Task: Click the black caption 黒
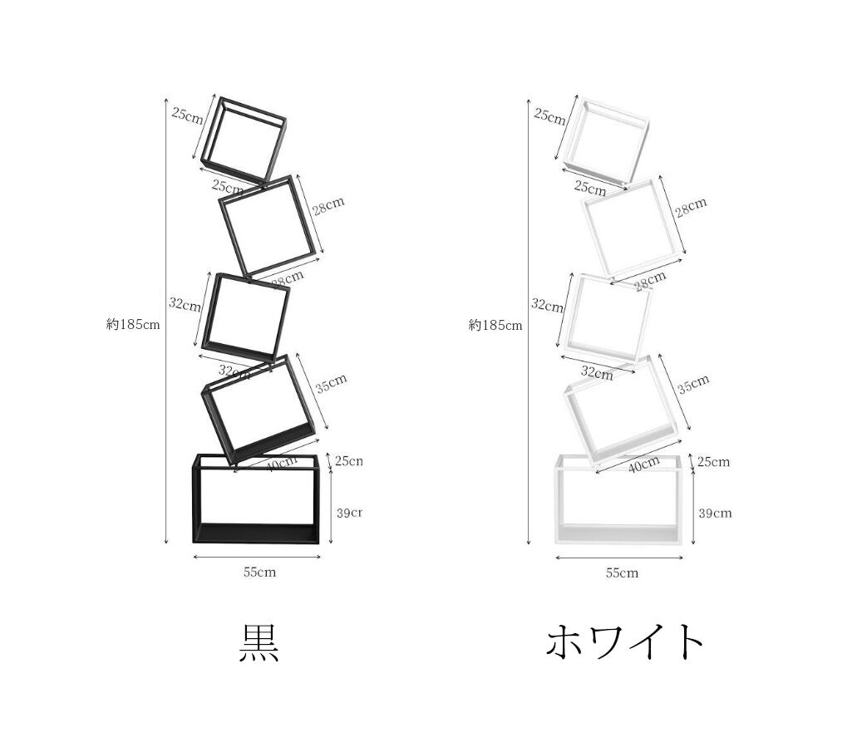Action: pyautogui.click(x=259, y=642)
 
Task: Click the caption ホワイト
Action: pyautogui.click(x=625, y=642)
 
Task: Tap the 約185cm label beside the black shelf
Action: pyautogui.click(x=133, y=325)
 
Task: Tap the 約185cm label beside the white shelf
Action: pyautogui.click(x=495, y=325)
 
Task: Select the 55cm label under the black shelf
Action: pyautogui.click(x=259, y=572)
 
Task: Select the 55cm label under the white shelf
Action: pyautogui.click(x=622, y=572)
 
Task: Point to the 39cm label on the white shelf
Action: pyautogui.click(x=715, y=513)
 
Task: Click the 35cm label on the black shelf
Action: pyautogui.click(x=331, y=384)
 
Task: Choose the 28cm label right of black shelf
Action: pyautogui.click(x=328, y=206)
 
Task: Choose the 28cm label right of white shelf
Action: pyautogui.click(x=691, y=206)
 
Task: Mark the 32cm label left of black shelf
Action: pyautogui.click(x=185, y=305)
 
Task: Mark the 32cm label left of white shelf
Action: pyautogui.click(x=547, y=305)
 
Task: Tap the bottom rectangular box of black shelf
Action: pyautogui.click(x=256, y=499)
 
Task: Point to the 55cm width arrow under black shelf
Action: pyautogui.click(x=256, y=558)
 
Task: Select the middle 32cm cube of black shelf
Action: pyautogui.click(x=246, y=316)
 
